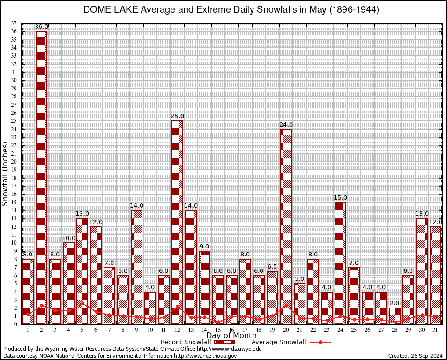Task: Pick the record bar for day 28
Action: click(x=395, y=315)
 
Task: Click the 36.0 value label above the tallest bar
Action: click(x=41, y=27)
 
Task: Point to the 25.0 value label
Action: click(x=177, y=116)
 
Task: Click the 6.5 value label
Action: click(x=272, y=267)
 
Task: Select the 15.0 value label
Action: click(x=340, y=198)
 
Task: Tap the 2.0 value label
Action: click(x=395, y=303)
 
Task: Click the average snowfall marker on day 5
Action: click(x=82, y=303)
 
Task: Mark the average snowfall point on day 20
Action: click(x=286, y=305)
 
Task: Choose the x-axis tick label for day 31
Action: click(x=435, y=330)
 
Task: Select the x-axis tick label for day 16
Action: click(x=231, y=330)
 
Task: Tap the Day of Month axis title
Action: click(x=231, y=336)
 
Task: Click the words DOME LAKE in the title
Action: click(x=108, y=9)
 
